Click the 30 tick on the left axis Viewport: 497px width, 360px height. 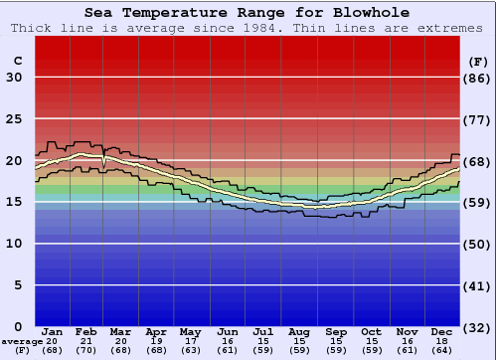[15, 78]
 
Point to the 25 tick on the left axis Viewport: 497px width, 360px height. [15, 119]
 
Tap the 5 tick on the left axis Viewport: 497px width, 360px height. [18, 285]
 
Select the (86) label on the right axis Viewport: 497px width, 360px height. [478, 78]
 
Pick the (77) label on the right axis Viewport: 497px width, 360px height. [478, 119]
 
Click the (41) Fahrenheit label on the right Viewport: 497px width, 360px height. [478, 285]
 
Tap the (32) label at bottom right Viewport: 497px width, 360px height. [478, 327]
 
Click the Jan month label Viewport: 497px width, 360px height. [53, 331]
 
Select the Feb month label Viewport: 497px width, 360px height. [87, 331]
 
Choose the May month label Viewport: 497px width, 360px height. [190, 331]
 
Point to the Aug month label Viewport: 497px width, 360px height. [299, 331]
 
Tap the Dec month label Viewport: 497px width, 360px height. [443, 331]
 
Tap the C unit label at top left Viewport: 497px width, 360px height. [17, 61]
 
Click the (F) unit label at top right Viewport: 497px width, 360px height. [478, 61]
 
